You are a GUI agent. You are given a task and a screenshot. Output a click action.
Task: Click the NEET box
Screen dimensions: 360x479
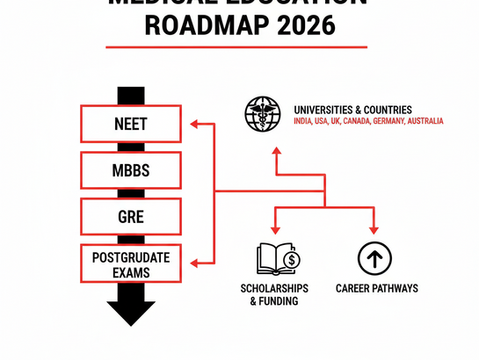(x=131, y=124)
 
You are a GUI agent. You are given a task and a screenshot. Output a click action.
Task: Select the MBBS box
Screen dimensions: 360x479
(x=131, y=169)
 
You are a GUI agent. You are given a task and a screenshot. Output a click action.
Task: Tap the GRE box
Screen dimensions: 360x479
(x=131, y=214)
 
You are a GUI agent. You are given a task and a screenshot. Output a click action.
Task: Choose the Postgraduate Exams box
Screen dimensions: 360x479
(x=131, y=261)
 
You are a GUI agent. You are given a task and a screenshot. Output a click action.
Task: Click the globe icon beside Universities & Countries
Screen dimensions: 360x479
(x=263, y=114)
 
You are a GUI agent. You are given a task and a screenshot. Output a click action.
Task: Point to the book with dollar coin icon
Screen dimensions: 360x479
(x=279, y=258)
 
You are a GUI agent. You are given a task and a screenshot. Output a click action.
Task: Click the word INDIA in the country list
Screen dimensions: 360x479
(x=304, y=122)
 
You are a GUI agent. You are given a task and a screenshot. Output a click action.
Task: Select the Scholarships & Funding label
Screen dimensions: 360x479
(x=279, y=295)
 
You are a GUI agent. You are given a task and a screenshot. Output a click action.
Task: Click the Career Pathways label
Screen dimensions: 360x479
(x=377, y=289)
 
